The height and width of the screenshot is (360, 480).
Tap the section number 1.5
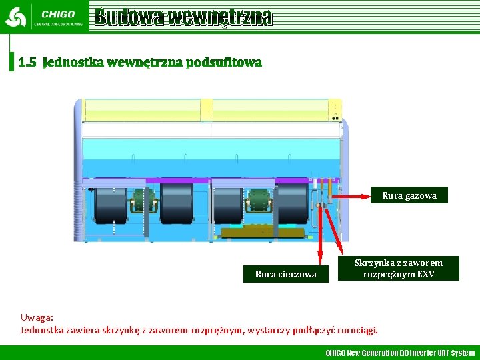coord(27,63)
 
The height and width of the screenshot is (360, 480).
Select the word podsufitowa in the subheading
coord(224,63)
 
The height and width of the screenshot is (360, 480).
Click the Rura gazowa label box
coord(409,195)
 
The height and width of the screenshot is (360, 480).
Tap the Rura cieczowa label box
coord(286,274)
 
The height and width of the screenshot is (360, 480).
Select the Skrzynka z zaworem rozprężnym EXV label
coord(399,269)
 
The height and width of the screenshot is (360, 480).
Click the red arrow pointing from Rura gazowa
coord(350,196)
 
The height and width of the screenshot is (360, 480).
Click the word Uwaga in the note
coord(37,318)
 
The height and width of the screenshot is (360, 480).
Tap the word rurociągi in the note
coord(359,329)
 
